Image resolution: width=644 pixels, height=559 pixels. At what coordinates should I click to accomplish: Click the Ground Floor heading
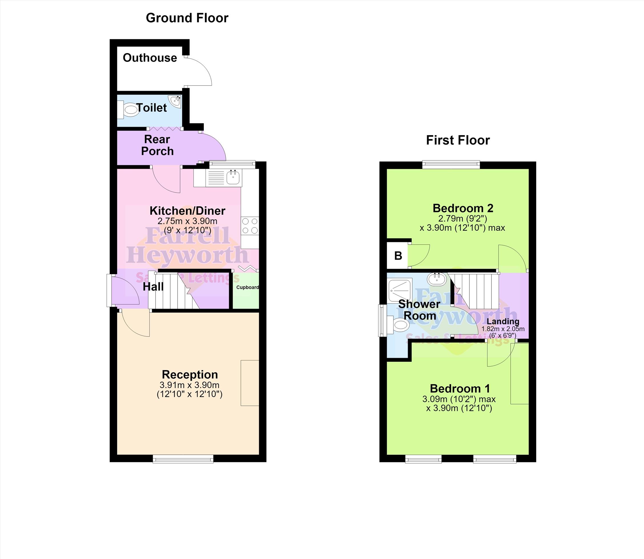coord(187,18)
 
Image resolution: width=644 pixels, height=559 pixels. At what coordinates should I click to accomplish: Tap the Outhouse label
coord(150,58)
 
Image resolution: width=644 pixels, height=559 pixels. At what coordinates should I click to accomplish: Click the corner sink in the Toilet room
coord(175,101)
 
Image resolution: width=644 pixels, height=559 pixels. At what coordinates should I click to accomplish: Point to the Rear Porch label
coord(157,145)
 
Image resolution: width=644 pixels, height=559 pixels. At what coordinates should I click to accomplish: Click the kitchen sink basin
coord(233,177)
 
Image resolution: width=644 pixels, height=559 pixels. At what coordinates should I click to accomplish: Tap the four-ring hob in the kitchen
coord(250,226)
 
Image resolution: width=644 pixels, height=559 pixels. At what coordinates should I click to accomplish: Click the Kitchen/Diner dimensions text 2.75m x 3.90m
coord(187,221)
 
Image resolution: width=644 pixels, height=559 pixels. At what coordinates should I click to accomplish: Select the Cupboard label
coord(247,287)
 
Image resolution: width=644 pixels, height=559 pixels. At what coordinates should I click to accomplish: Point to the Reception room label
coord(190,374)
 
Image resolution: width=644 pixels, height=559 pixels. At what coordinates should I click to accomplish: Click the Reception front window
coord(183,458)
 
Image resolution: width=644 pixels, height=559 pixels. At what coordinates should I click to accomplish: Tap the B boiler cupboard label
coord(398,256)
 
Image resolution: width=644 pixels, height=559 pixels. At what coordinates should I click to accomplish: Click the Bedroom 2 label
coord(463,208)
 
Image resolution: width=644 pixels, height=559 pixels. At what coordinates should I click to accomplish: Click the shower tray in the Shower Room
coord(400,290)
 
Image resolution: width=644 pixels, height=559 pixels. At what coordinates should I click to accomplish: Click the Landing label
coord(503,322)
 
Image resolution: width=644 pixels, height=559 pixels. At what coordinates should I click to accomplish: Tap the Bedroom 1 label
coord(460,389)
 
